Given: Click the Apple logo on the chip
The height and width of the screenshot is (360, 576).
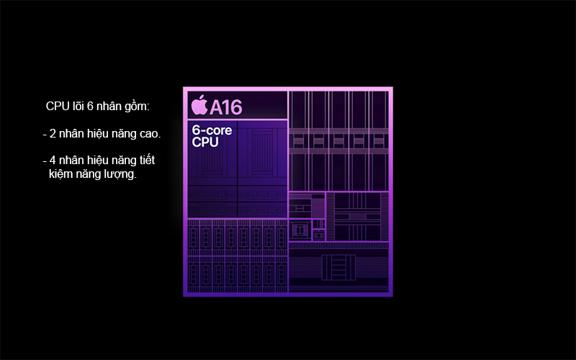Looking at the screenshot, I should (199, 106).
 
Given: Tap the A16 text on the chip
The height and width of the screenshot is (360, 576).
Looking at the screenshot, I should (225, 107).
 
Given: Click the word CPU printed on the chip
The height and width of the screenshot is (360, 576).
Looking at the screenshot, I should (204, 143).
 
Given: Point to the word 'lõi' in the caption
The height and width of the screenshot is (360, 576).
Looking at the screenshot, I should (78, 107).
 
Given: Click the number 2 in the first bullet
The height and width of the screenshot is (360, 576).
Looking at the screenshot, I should (53, 134).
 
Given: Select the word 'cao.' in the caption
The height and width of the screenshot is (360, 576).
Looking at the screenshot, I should (149, 134).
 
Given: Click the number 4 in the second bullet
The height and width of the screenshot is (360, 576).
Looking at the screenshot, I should (53, 160).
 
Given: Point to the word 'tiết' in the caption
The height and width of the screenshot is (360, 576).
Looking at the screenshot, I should (146, 160).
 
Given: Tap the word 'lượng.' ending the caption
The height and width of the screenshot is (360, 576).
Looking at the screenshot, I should (120, 174).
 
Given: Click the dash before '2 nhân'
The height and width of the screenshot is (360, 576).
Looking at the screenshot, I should (45, 134).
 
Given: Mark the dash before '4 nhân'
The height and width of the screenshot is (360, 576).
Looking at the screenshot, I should (45, 160).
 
